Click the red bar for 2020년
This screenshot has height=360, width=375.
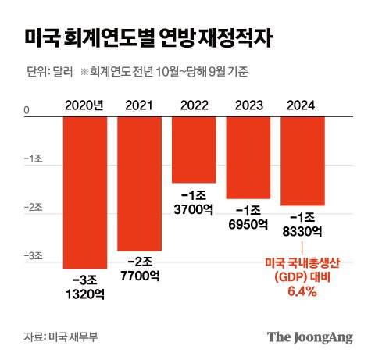click(x=85, y=192)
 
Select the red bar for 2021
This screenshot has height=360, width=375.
click(x=139, y=184)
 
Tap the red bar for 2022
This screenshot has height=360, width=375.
click(x=194, y=149)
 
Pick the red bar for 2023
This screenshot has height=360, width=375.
click(x=248, y=157)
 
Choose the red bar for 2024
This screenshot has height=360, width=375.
click(x=302, y=161)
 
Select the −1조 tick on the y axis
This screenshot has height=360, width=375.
click(x=31, y=159)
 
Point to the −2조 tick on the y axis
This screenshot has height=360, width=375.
click(x=31, y=208)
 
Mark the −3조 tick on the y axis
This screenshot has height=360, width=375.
click(x=31, y=256)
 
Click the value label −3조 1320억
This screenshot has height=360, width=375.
click(x=85, y=286)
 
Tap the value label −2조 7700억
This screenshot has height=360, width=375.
click(x=139, y=268)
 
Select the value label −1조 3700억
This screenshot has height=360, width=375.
click(x=194, y=201)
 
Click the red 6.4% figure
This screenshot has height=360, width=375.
click(x=302, y=291)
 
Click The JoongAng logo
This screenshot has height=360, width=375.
click(x=310, y=337)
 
